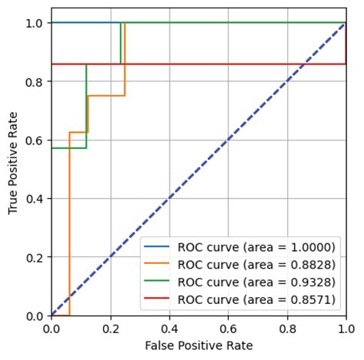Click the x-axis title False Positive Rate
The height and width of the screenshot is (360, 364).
(x=198, y=346)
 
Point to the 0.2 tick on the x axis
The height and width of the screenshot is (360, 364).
(x=111, y=329)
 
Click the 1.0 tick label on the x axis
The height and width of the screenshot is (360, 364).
(x=346, y=329)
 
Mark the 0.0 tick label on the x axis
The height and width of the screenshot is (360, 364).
(x=51, y=329)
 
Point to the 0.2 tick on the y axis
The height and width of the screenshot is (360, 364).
(x=35, y=257)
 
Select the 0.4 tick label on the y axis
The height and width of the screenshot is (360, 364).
(x=35, y=199)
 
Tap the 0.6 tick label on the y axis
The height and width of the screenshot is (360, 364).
(x=35, y=140)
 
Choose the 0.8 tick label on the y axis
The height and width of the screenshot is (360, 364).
(x=35, y=81)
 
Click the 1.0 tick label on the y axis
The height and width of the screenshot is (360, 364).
(x=35, y=23)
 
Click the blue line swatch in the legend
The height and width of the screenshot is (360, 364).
(x=159, y=248)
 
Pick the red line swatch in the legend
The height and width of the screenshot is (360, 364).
(x=159, y=299)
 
